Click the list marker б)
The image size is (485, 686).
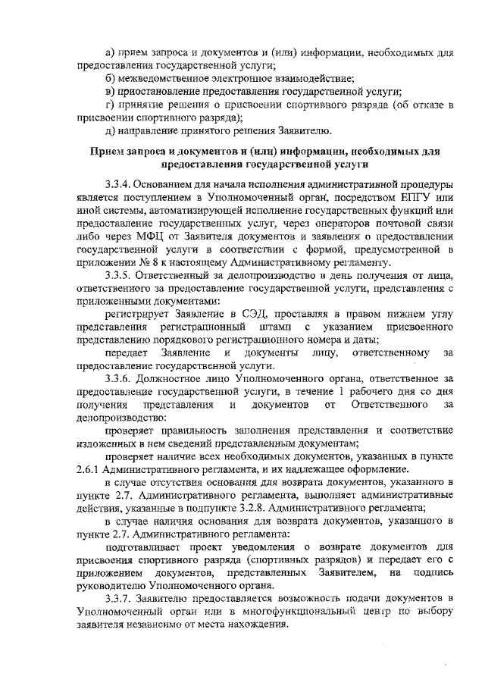(111, 79)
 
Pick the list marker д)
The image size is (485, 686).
(111, 132)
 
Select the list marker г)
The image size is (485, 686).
(110, 105)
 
